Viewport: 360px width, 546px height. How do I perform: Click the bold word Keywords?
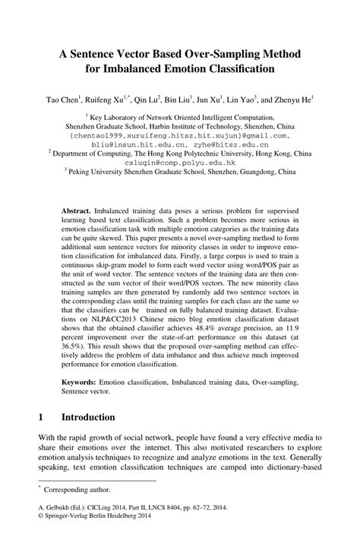pyautogui.click(x=82, y=377)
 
